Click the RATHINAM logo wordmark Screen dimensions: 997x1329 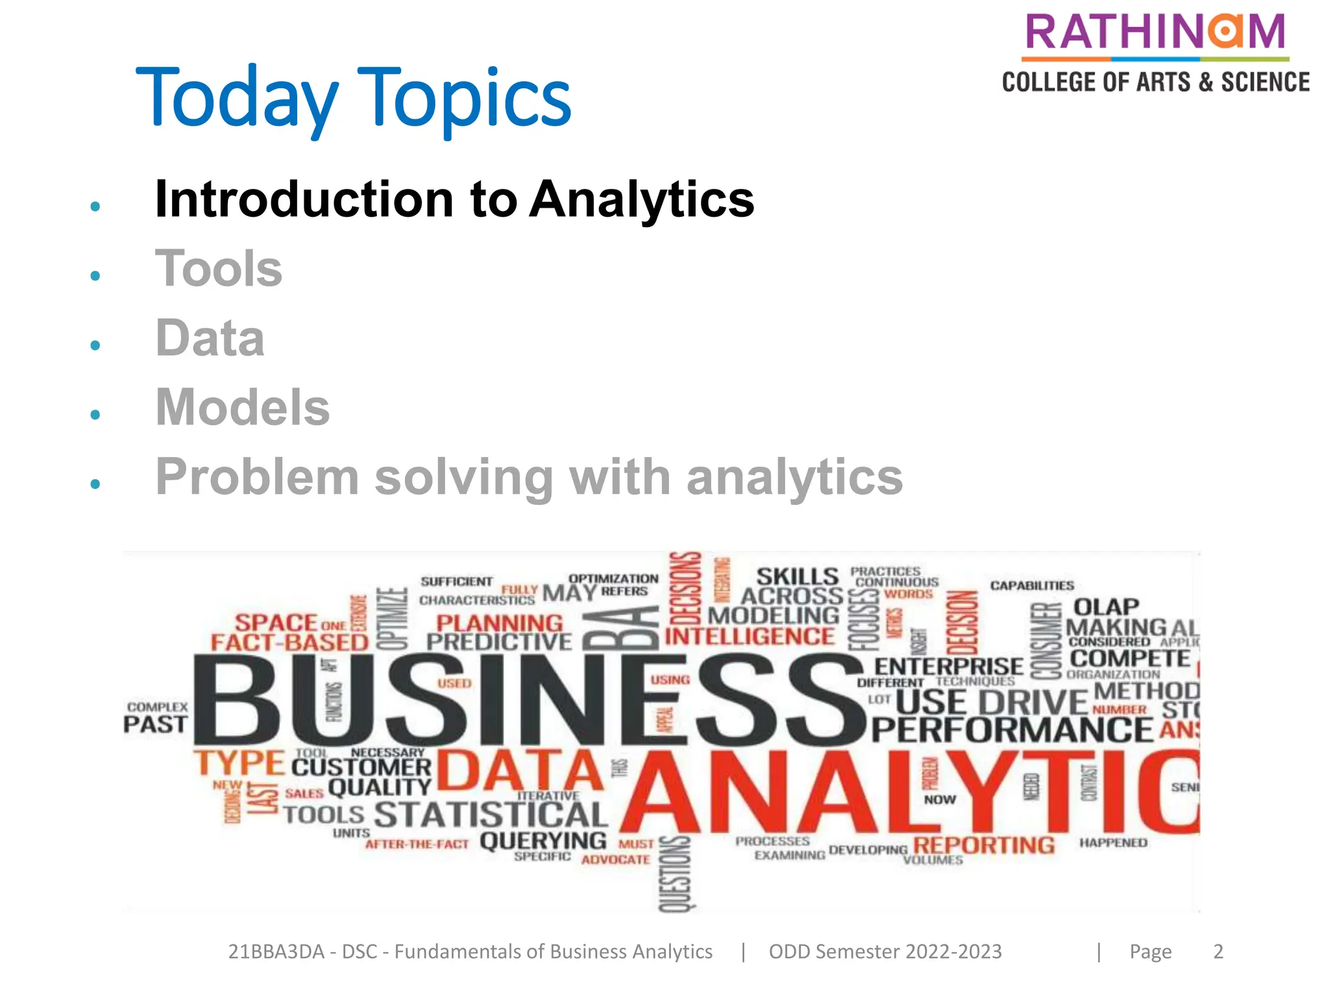[1155, 32]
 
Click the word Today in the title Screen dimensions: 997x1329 [237, 97]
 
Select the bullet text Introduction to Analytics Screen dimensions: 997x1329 [454, 199]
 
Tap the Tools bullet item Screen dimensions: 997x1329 [219, 269]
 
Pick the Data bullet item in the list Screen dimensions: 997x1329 [210, 338]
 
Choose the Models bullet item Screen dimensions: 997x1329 [243, 408]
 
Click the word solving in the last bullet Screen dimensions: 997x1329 [464, 477]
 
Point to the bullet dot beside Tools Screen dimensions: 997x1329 [95, 276]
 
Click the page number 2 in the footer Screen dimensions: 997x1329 [1218, 952]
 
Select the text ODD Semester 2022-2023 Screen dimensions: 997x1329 [885, 952]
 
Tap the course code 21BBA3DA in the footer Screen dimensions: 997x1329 [276, 952]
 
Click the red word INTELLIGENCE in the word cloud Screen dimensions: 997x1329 [750, 637]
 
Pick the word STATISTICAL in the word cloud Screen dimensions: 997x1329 [491, 815]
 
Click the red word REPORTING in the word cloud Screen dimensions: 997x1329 [984, 845]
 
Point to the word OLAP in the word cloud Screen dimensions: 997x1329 [1106, 607]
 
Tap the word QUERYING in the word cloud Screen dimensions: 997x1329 [543, 841]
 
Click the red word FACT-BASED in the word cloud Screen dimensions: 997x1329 [289, 643]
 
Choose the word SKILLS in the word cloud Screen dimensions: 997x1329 [798, 576]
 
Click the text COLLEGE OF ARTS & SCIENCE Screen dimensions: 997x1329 [1156, 82]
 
